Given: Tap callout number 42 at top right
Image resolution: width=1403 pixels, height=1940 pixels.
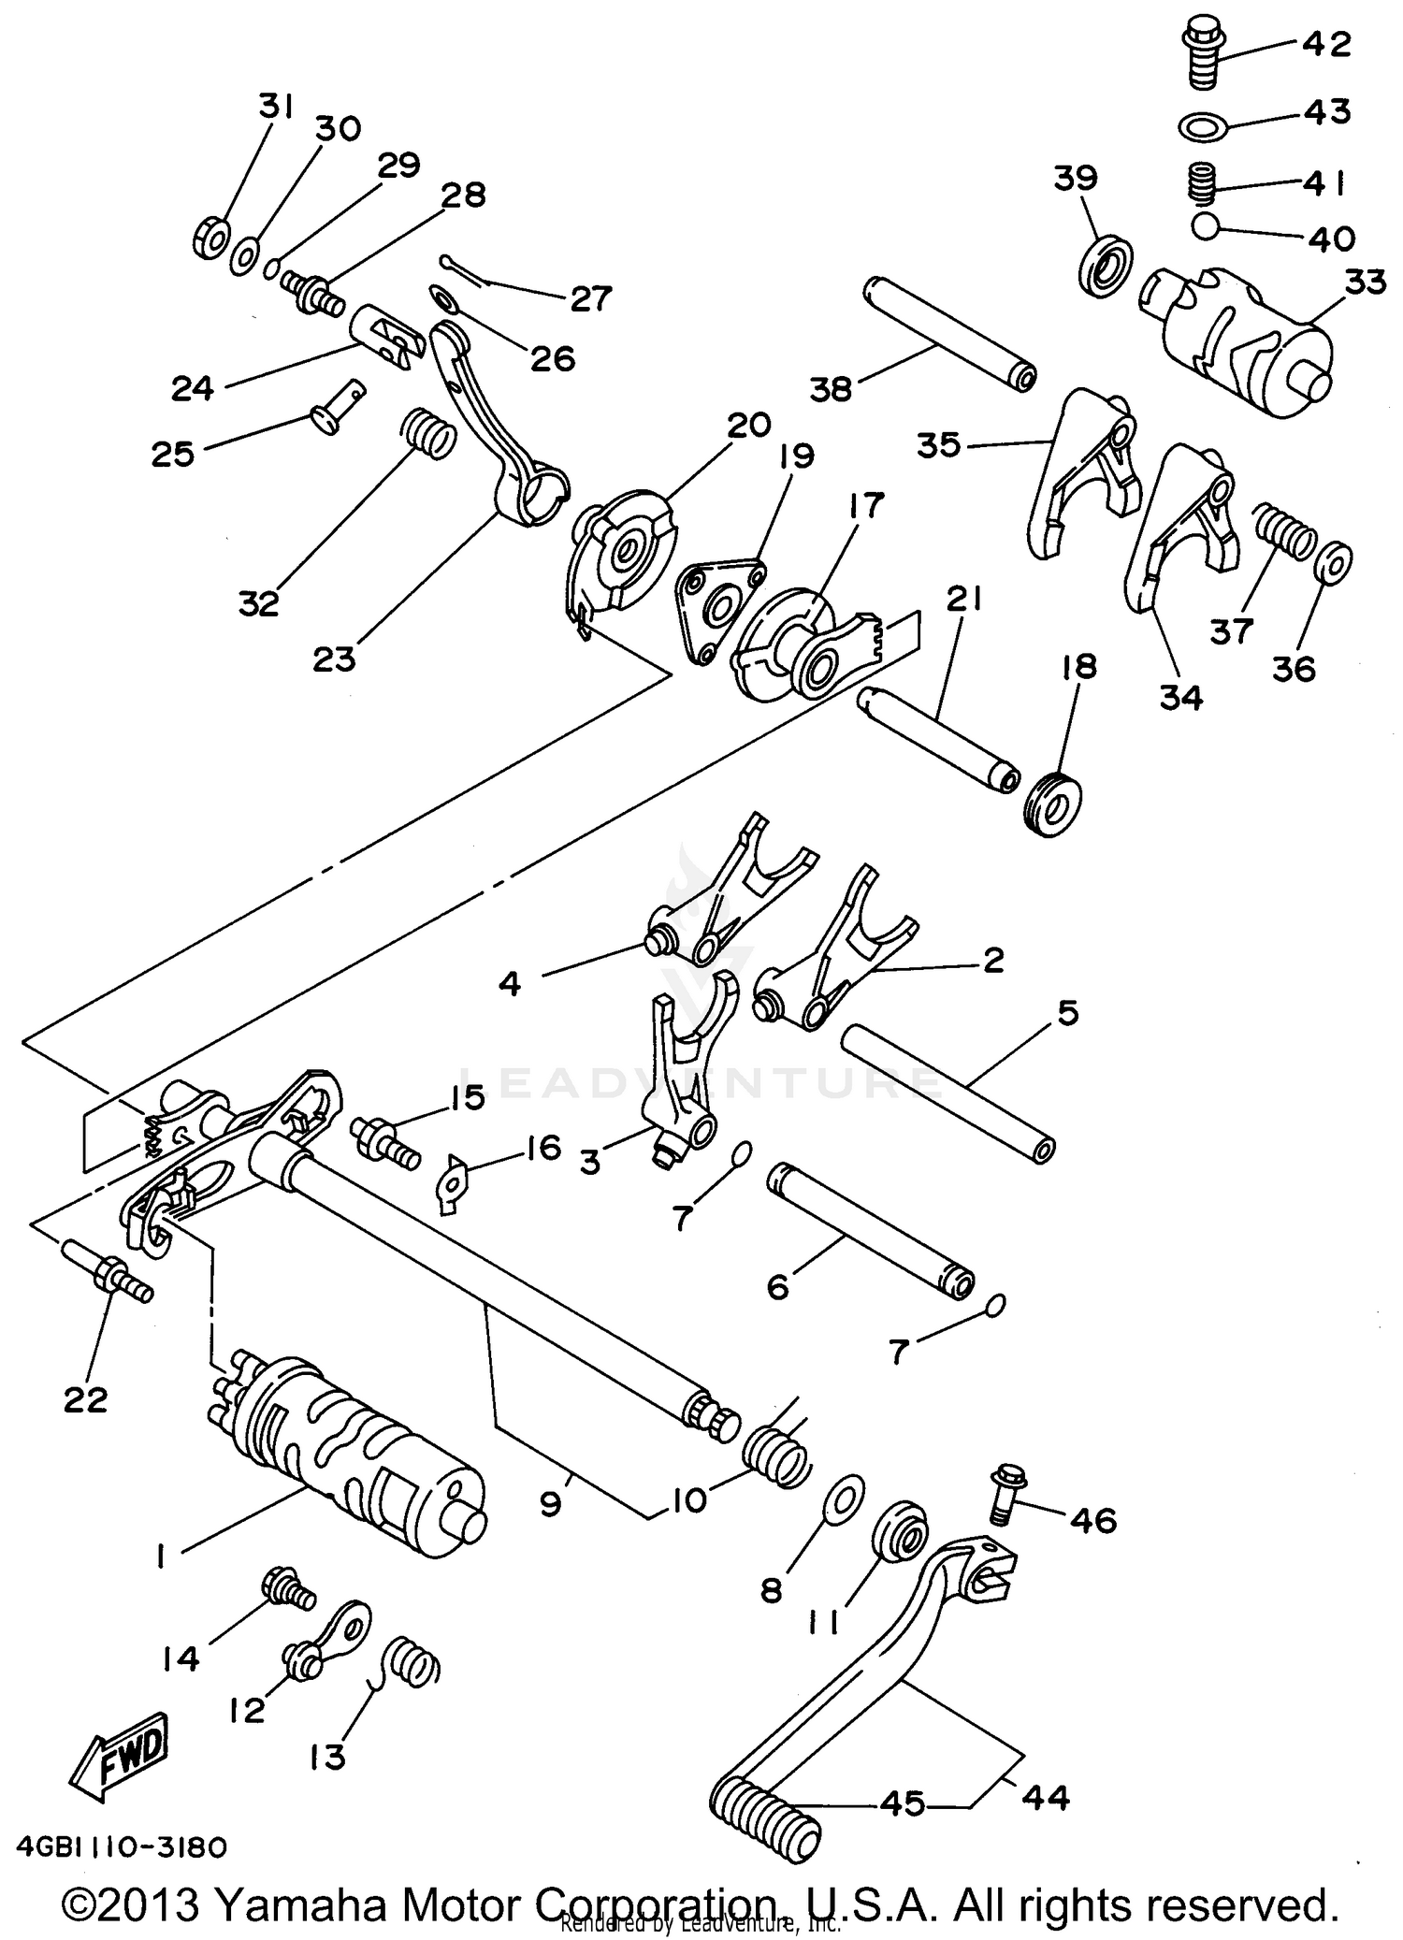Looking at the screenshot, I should (x=1325, y=44).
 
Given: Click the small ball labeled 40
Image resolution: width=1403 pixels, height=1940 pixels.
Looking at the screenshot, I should (x=1206, y=226).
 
